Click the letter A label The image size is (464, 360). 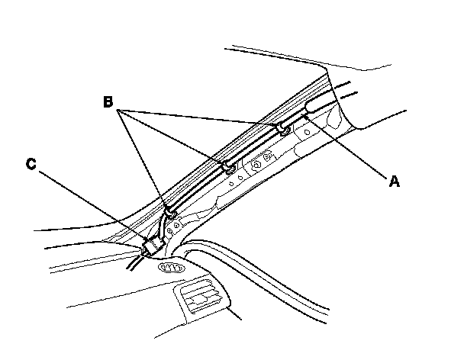click(394, 182)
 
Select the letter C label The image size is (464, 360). click(31, 163)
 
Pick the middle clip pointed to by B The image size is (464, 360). click(227, 166)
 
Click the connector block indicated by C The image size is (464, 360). click(153, 246)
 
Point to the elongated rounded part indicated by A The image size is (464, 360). click(318, 107)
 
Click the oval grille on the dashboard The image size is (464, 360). click(171, 269)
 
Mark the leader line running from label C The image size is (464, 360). click(92, 205)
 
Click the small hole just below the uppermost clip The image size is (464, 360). click(306, 131)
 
